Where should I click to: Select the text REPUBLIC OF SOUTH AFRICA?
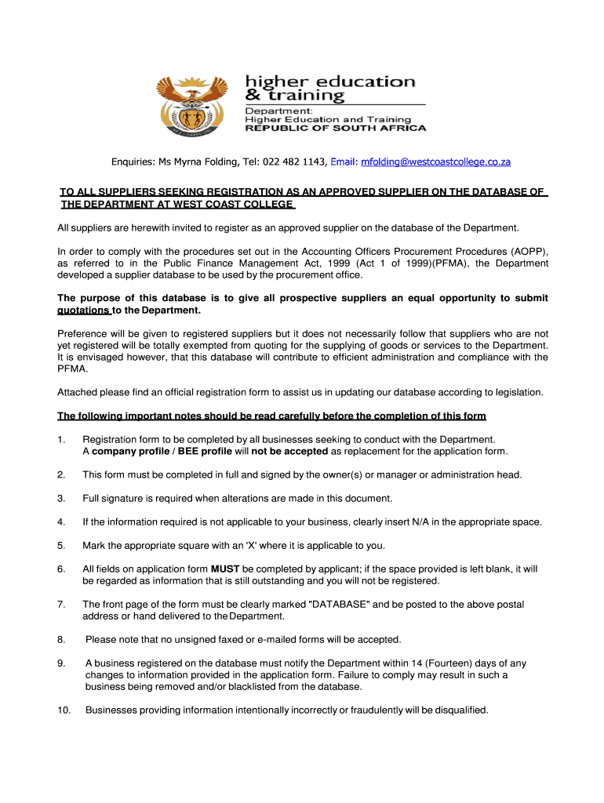click(337, 128)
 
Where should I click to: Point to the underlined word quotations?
click(84, 310)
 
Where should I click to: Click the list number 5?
click(61, 545)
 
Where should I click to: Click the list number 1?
click(61, 439)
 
